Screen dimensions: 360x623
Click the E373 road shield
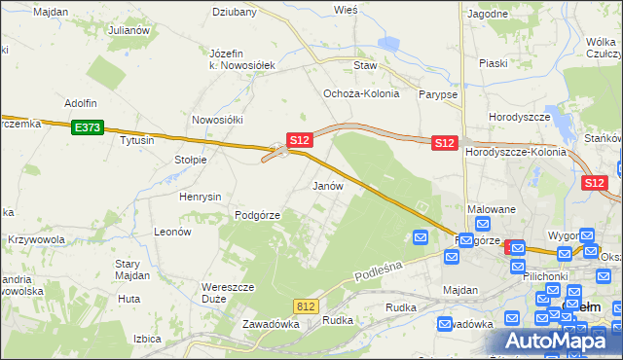pos(86,126)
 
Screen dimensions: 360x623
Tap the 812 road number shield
pos(307,306)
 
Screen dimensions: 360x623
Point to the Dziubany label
pos(235,13)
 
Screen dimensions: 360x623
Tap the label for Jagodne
pos(488,14)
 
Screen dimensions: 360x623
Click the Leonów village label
pos(172,233)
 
